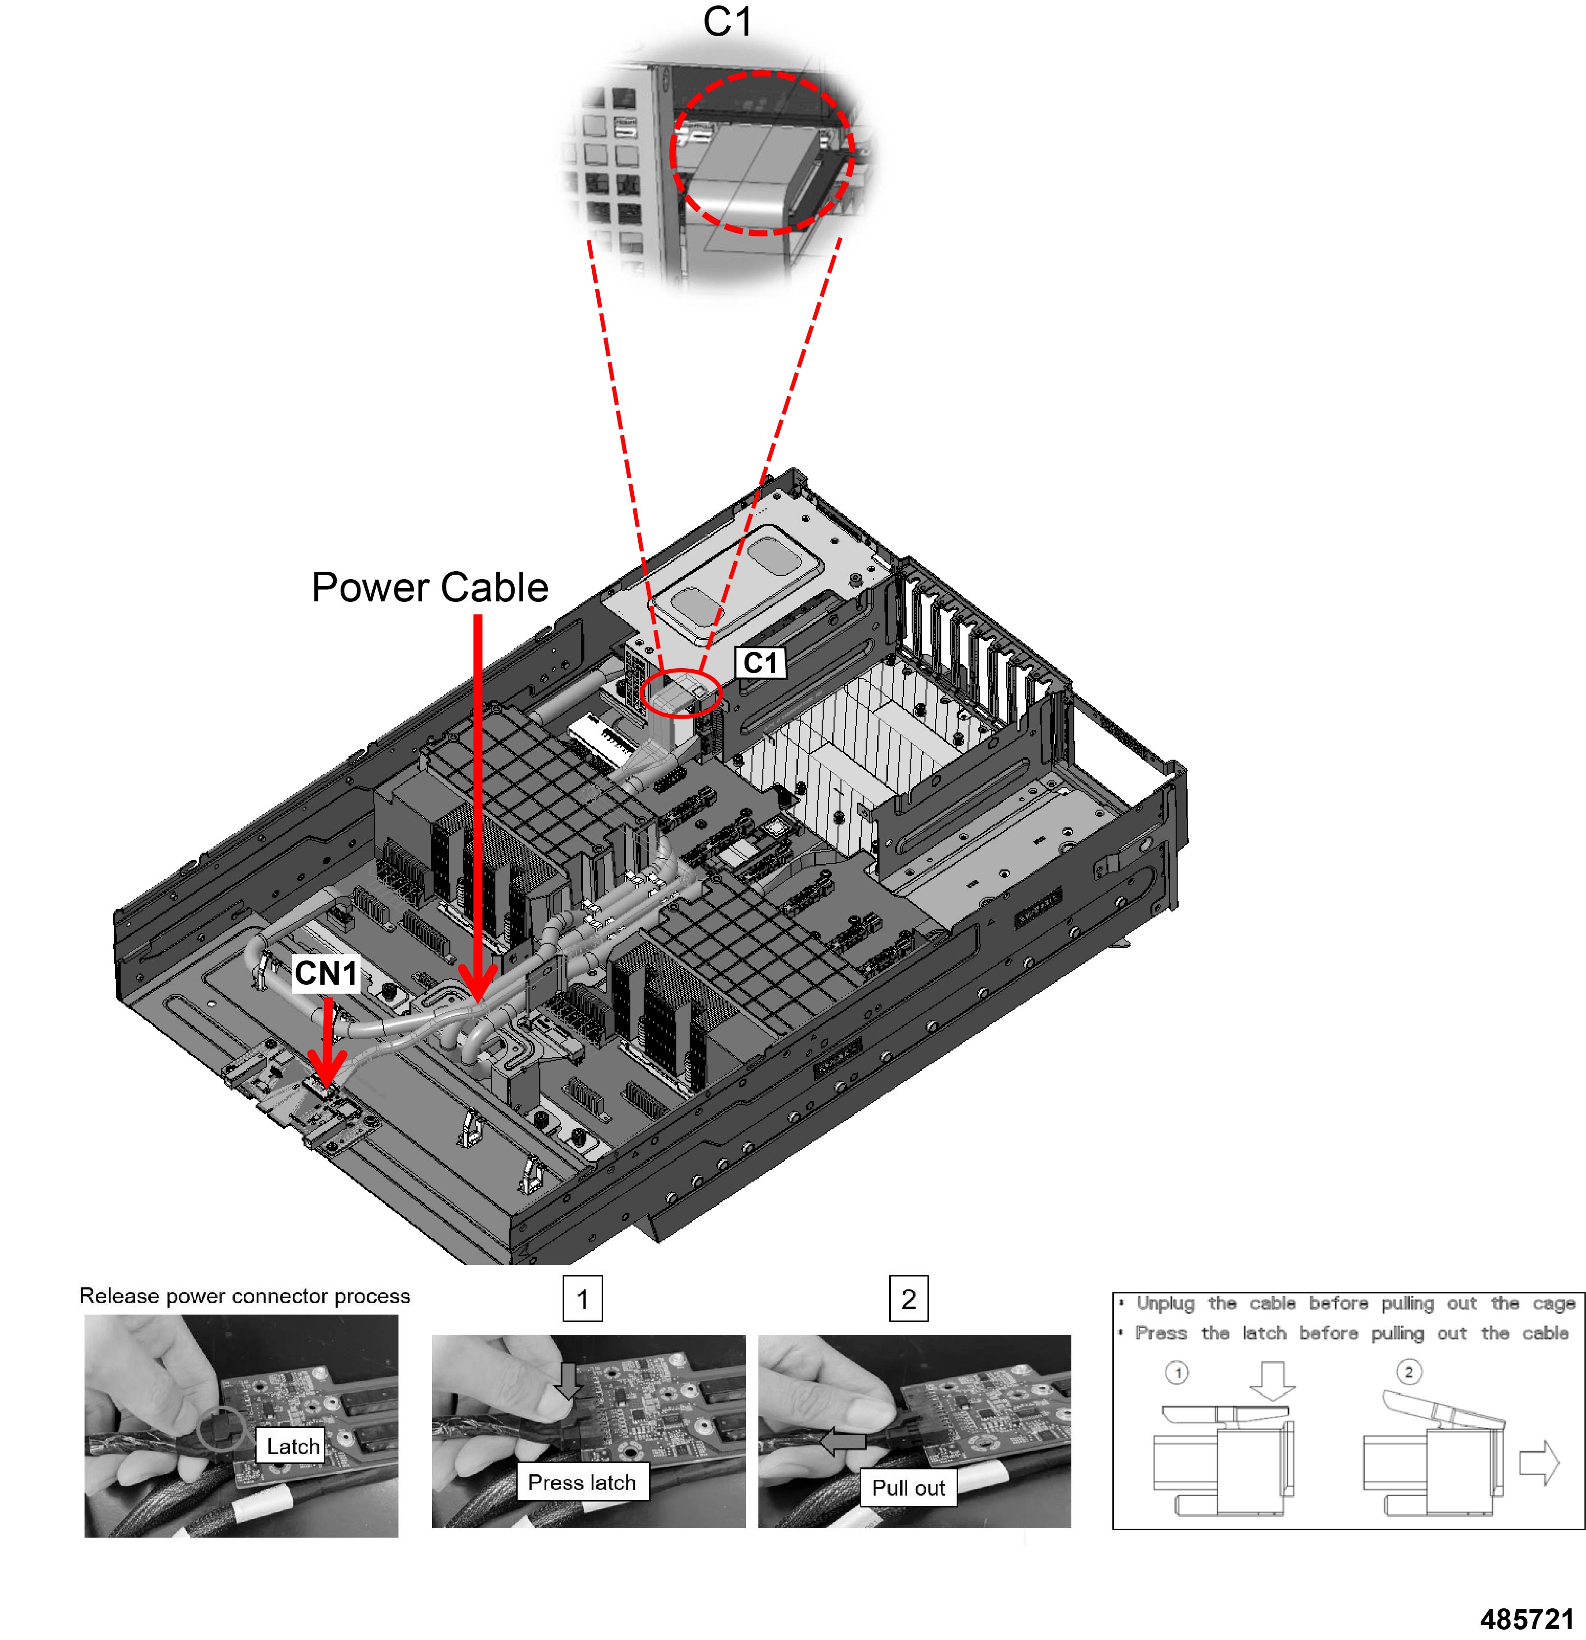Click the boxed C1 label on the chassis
tap(759, 663)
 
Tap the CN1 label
tap(325, 973)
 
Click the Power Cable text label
tap(429, 588)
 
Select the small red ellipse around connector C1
tap(680, 693)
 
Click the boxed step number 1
tap(582, 1299)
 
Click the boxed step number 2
tap(908, 1299)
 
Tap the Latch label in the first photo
tap(293, 1446)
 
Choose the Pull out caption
tap(908, 1487)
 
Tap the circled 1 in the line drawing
tap(1177, 1372)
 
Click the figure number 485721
tap(1527, 1619)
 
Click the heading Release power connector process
tap(244, 1295)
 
